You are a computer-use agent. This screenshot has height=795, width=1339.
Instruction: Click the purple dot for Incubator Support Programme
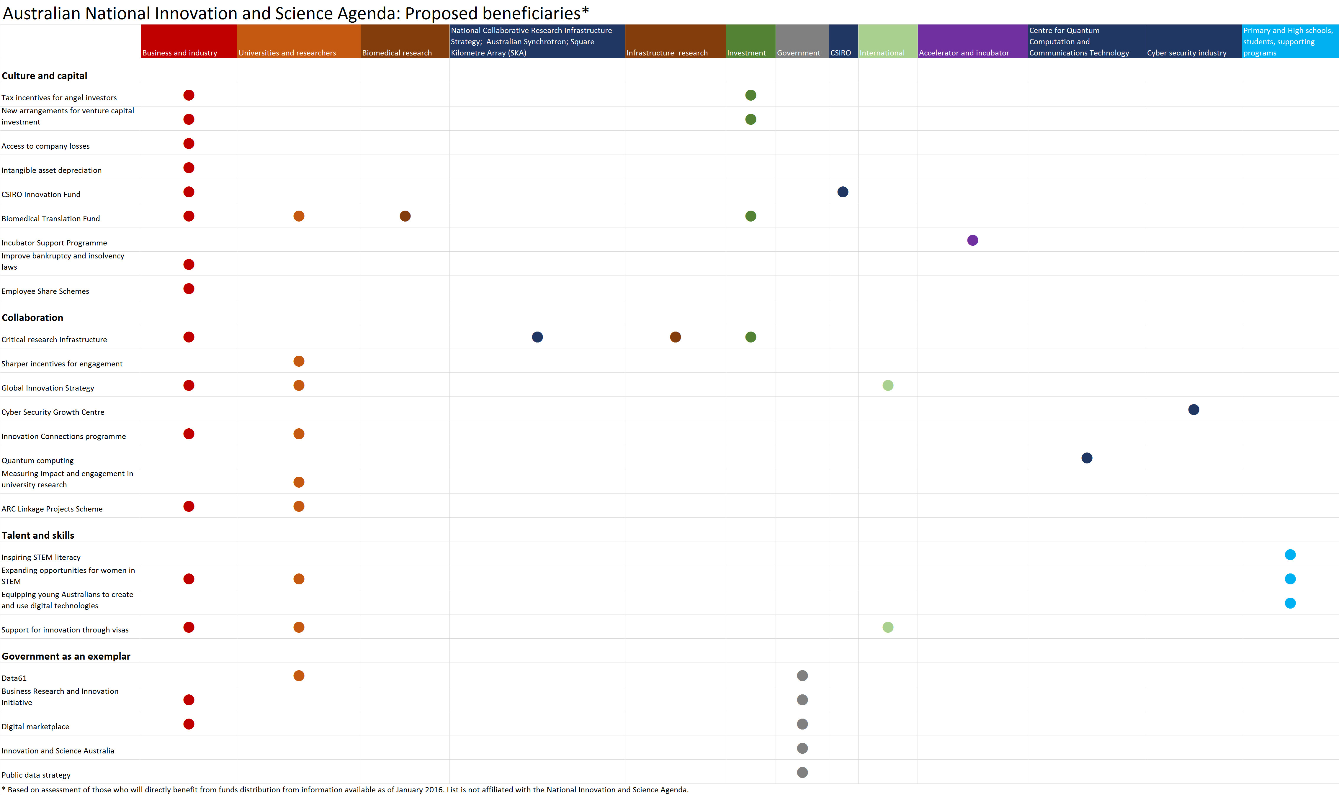point(972,240)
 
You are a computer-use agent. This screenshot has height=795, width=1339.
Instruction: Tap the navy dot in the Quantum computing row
point(1087,458)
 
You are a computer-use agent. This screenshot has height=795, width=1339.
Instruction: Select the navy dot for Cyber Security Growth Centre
point(1193,409)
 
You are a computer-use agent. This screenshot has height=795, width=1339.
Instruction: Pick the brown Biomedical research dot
point(405,216)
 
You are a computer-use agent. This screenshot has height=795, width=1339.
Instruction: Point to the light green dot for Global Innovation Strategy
point(888,385)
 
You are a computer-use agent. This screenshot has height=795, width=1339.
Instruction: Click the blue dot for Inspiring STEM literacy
point(1290,555)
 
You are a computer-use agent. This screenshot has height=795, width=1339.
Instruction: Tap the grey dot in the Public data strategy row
point(802,772)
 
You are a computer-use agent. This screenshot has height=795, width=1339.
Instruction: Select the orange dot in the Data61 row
point(299,676)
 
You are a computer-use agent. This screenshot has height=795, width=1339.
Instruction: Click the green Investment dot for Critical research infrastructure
point(751,337)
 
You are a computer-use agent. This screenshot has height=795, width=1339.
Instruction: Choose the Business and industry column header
point(189,41)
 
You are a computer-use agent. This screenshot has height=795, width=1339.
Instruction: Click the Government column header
point(802,41)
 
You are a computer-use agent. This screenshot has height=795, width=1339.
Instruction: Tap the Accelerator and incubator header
point(972,41)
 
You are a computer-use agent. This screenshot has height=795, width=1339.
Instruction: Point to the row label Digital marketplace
point(35,727)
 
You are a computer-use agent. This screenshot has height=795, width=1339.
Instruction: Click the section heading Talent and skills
point(38,535)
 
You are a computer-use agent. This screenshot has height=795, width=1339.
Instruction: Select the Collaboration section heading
point(33,318)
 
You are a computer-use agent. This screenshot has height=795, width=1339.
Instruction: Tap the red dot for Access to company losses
point(189,144)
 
